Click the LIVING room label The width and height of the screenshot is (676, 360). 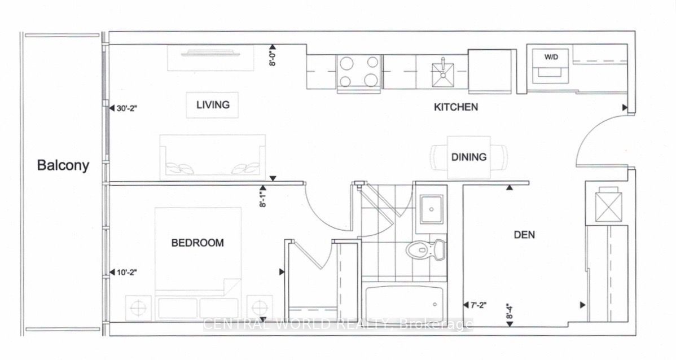213,105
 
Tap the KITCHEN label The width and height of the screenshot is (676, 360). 456,107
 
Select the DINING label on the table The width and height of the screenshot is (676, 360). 469,157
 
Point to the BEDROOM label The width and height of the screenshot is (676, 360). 197,243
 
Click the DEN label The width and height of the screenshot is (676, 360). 524,235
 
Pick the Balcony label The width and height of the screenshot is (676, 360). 63,165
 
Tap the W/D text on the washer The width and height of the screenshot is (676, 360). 550,58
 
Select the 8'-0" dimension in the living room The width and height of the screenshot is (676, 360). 273,56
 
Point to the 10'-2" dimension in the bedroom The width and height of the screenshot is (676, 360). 126,272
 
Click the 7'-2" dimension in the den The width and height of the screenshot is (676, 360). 477,305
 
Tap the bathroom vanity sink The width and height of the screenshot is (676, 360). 432,209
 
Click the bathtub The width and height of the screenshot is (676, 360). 405,304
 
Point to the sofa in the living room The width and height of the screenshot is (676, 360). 213,157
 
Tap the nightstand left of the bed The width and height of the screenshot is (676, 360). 138,309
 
